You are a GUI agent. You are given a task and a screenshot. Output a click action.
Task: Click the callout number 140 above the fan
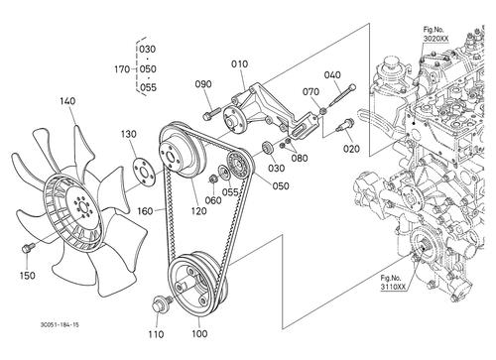tap(67, 101)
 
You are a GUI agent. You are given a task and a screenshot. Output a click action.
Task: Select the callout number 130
tap(128, 134)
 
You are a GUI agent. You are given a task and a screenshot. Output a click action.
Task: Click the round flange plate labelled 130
tap(144, 173)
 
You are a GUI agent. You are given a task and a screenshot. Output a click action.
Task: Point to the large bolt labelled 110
tap(161, 303)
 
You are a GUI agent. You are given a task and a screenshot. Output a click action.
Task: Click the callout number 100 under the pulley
tap(199, 334)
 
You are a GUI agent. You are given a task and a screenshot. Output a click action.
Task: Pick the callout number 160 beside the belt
tap(145, 211)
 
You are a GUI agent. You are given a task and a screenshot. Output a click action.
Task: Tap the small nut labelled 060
tap(212, 180)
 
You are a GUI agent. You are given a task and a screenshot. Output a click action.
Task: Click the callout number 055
tap(230, 192)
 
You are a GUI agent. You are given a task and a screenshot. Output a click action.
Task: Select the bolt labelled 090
tap(211, 113)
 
